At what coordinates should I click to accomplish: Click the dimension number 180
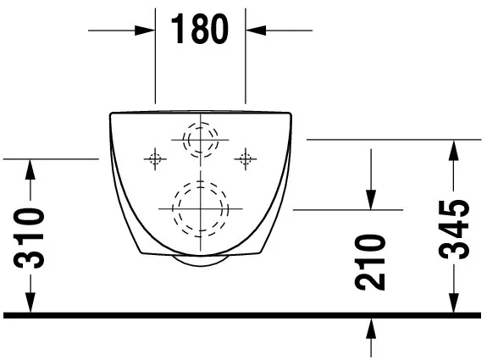200,29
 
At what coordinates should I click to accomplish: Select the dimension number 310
29,238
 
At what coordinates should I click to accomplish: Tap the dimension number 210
369,263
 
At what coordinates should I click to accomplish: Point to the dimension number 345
454,230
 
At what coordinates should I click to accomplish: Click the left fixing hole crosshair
155,159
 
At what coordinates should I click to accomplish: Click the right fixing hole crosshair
246,159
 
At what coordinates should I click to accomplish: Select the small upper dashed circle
201,140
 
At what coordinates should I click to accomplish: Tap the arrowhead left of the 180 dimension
145,30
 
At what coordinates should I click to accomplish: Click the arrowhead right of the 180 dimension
256,30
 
